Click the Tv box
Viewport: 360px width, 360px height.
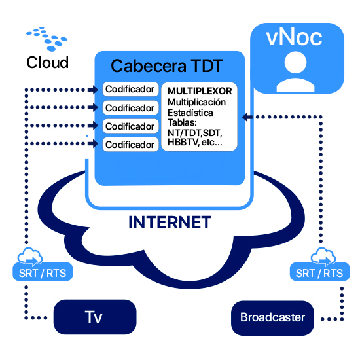coord(95,317)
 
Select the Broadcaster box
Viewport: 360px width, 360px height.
coord(272,318)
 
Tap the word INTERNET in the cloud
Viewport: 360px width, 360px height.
coord(170,223)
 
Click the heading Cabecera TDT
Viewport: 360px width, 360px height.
coord(167,66)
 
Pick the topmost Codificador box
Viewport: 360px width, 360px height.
coord(130,89)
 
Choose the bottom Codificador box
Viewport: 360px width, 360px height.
coord(130,145)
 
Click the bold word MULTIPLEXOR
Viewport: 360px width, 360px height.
coord(200,91)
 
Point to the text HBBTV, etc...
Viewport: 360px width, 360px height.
coord(195,142)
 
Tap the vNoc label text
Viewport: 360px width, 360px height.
coord(294,38)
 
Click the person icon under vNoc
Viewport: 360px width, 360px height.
coord(295,71)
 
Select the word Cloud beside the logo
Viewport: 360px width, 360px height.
coord(48,62)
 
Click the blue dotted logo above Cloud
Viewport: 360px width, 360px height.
coord(47,39)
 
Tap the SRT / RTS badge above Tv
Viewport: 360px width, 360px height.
coord(43,272)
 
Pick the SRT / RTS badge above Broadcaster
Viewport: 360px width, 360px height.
coord(319,272)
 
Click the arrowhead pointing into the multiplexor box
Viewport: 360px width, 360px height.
coord(247,117)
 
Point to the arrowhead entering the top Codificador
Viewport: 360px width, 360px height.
coord(93,90)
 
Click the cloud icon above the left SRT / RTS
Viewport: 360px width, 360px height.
coord(30,255)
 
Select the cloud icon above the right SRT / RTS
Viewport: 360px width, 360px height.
coord(323,255)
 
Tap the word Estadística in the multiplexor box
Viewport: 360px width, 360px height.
coord(190,113)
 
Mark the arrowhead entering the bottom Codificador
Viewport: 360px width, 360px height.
coord(93,144)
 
